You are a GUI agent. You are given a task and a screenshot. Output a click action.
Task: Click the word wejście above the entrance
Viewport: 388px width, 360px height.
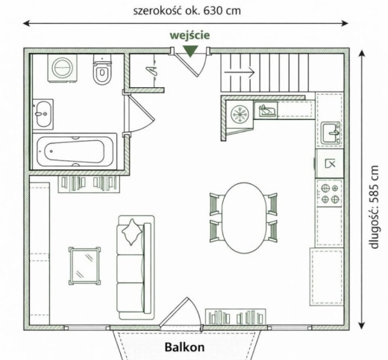coord(190,35)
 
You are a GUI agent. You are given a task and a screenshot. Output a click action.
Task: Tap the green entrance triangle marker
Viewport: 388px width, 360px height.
coord(190,51)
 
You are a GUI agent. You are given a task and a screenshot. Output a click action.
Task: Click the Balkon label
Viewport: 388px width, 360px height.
coord(184,347)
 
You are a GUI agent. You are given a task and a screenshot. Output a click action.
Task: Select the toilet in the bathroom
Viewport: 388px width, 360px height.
coord(102,70)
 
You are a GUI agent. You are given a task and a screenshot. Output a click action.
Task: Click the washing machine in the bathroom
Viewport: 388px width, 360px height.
coord(63,69)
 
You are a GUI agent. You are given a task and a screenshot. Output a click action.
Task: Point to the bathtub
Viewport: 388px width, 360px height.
coord(75,151)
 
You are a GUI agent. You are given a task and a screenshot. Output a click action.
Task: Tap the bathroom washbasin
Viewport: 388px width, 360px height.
coord(43,114)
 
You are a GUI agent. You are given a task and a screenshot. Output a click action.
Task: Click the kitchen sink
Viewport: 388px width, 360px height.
coord(331,133)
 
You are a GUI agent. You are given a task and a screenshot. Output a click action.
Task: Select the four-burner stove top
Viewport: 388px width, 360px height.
coord(330,192)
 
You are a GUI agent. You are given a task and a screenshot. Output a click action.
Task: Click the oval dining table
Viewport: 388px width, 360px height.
coord(244,218)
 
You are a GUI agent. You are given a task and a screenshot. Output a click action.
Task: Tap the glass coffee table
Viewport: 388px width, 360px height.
coord(84,265)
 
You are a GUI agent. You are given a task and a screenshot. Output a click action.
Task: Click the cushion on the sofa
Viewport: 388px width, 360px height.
coord(132,232)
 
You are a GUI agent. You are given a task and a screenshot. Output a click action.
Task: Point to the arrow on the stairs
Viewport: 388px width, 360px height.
coord(240,72)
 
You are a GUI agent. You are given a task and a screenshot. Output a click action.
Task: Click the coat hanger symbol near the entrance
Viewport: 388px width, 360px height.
coord(152,70)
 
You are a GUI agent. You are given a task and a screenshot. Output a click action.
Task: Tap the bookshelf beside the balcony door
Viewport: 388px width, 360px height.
coord(236,317)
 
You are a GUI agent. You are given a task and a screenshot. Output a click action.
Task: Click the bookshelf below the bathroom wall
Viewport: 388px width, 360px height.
coord(89,184)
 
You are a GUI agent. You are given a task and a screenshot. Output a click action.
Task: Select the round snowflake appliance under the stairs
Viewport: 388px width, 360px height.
coord(240,114)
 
